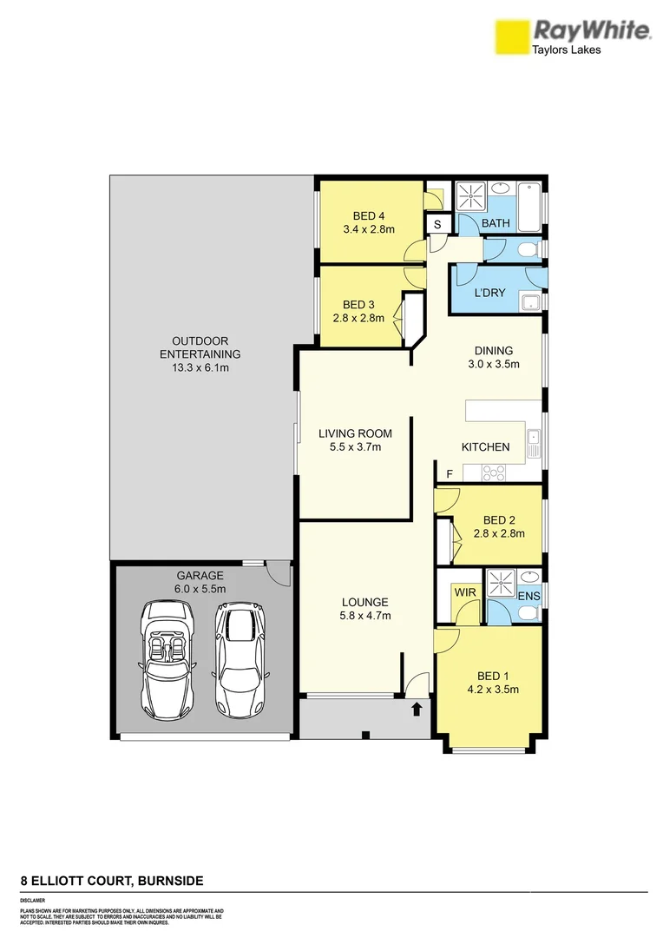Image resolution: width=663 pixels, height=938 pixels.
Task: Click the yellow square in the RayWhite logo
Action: click(x=511, y=37)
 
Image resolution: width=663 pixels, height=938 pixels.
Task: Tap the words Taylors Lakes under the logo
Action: click(x=567, y=50)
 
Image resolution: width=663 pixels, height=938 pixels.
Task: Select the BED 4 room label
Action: click(x=369, y=216)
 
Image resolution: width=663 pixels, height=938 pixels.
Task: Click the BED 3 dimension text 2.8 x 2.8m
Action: click(x=358, y=318)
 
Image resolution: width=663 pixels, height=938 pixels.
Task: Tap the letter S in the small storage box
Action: click(x=437, y=224)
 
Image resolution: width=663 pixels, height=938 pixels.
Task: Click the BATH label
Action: click(x=496, y=224)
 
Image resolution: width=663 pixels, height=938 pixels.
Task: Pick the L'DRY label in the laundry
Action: click(x=489, y=294)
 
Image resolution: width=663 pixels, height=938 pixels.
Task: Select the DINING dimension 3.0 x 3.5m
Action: click(x=493, y=365)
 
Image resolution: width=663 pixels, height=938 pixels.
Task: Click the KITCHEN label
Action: click(x=485, y=447)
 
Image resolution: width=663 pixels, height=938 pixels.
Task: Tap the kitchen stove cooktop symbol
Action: click(x=495, y=472)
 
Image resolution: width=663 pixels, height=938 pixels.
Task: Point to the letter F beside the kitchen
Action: click(x=450, y=473)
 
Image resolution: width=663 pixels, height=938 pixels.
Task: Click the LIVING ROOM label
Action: click(x=355, y=433)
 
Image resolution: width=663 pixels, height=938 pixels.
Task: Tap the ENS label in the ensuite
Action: click(x=529, y=596)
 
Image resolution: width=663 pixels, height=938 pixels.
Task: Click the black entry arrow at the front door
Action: click(x=417, y=709)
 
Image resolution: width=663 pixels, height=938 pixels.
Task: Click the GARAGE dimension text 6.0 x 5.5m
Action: click(x=200, y=588)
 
